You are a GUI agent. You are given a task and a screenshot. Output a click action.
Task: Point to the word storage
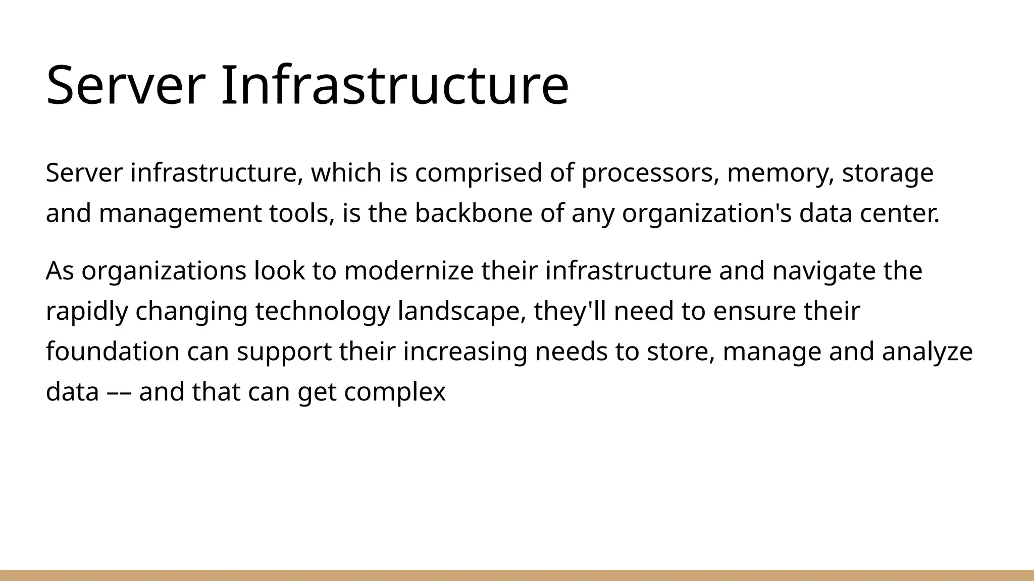[888, 173]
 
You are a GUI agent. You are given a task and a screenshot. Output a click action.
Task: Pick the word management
[180, 214]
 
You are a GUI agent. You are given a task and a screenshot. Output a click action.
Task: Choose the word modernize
[409, 271]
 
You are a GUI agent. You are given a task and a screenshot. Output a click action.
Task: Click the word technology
[323, 312]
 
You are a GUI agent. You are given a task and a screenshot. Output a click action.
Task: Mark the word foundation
[113, 352]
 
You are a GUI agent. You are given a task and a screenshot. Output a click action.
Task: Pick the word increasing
[465, 352]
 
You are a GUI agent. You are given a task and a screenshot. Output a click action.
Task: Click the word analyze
[927, 352]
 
